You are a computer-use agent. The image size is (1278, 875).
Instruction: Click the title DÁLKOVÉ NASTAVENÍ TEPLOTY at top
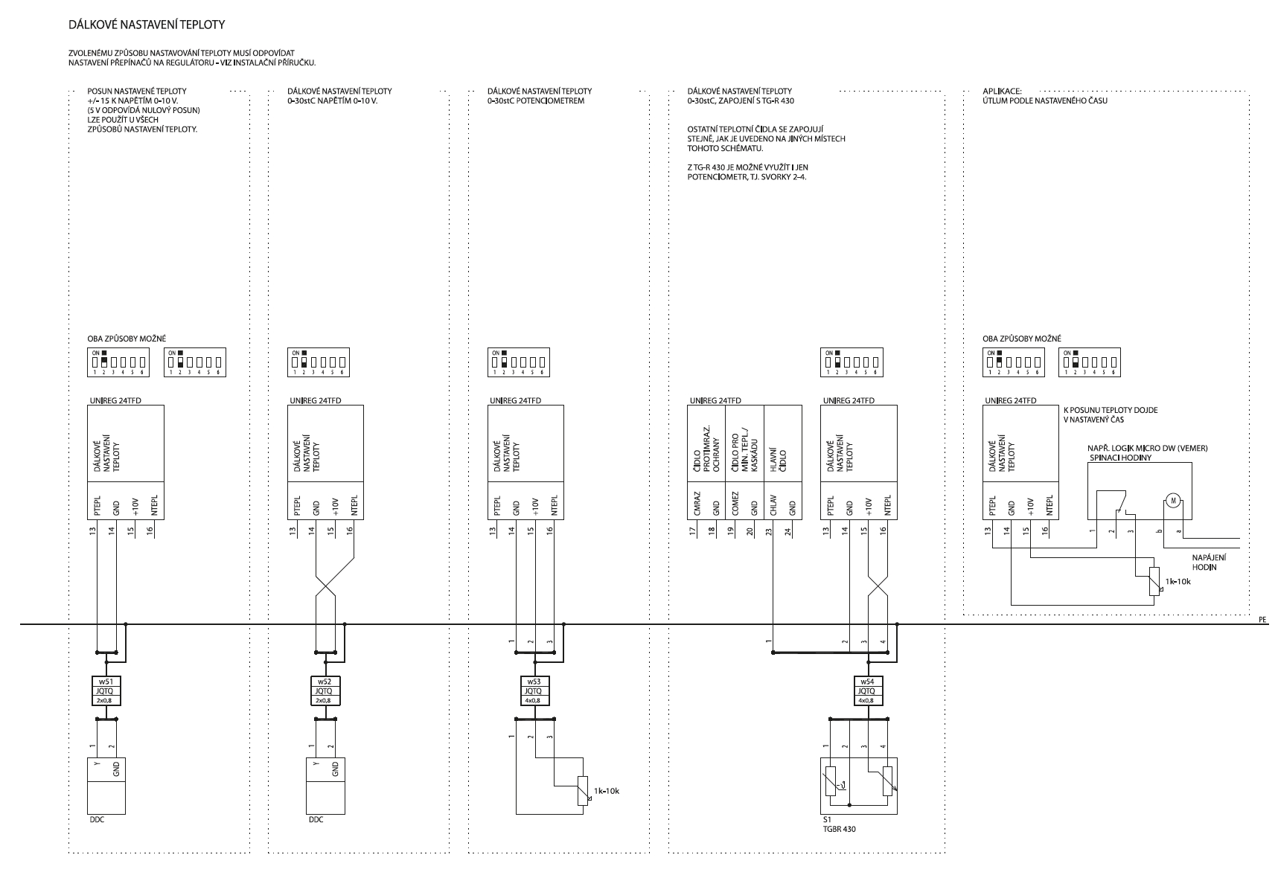tap(146, 25)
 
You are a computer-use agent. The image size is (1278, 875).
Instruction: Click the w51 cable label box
tap(103, 690)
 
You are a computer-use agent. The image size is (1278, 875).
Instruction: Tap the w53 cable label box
tap(533, 690)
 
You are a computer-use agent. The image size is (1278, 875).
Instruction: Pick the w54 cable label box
tap(866, 690)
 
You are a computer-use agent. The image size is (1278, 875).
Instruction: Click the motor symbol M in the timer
tap(1172, 500)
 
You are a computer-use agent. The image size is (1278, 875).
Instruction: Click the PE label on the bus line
tap(1262, 618)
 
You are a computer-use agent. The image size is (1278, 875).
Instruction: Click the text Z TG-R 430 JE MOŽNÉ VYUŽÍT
tap(747, 167)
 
